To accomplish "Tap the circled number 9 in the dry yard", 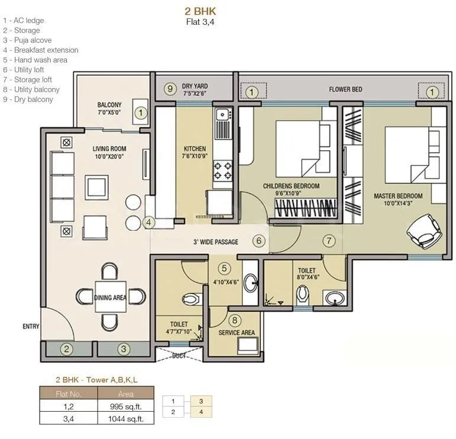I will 170,89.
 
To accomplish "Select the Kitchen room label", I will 195,149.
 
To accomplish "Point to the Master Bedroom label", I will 398,196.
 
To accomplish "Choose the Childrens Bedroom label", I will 291,186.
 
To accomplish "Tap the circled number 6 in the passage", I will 258,241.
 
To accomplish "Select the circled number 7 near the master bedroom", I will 329,240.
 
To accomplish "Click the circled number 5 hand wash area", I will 224,268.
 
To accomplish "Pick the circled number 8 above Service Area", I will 235,321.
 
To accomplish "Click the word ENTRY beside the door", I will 31,327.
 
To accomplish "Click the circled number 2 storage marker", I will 67,348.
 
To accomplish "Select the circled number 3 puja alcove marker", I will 123,348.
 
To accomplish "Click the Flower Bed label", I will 346,90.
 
